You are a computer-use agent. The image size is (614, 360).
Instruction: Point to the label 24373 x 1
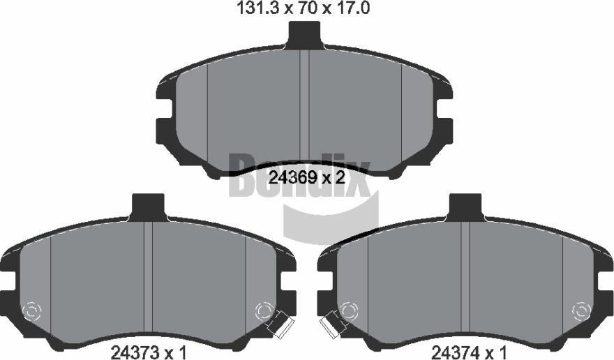149,352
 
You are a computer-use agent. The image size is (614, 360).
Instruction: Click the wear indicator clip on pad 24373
280,322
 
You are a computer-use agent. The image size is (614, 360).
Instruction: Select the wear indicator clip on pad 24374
330,323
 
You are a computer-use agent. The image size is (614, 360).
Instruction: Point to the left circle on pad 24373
32,311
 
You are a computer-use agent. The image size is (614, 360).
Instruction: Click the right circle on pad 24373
264,311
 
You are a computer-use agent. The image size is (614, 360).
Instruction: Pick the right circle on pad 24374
581,311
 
